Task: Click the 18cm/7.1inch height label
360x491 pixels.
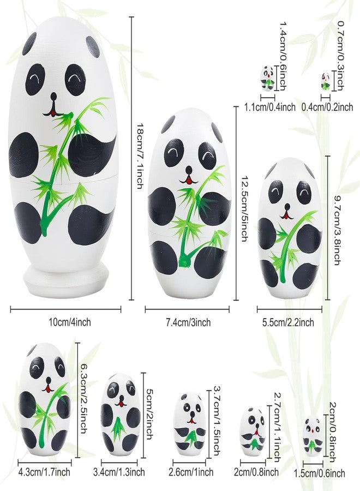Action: click(x=140, y=155)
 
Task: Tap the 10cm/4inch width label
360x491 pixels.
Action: click(x=70, y=322)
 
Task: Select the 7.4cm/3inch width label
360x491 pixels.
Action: click(x=188, y=322)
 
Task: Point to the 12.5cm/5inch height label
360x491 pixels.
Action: click(x=244, y=208)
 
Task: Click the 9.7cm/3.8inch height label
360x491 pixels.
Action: click(x=337, y=230)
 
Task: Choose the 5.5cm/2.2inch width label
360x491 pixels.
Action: click(x=288, y=322)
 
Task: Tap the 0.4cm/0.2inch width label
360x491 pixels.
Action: click(x=327, y=107)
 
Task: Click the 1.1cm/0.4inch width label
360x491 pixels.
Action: click(x=270, y=107)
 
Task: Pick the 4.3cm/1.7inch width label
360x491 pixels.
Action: click(x=44, y=471)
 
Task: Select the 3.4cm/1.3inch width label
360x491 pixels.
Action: click(x=119, y=471)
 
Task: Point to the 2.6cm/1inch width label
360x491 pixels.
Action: click(x=191, y=472)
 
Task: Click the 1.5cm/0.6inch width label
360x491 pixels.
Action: click(x=319, y=473)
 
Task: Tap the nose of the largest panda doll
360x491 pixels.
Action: click(x=54, y=97)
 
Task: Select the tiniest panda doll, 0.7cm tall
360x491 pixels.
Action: click(x=326, y=81)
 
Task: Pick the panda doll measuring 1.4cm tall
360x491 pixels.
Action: click(x=268, y=77)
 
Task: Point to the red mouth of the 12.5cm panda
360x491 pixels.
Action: click(x=189, y=180)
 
